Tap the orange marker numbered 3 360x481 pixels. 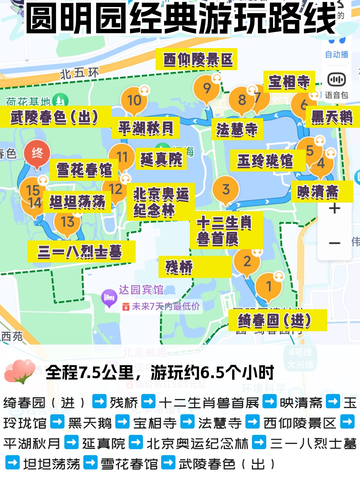coord(226,190)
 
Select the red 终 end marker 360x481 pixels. coord(37,153)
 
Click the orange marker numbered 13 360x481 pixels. coord(68,222)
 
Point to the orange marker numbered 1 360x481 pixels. coord(269,286)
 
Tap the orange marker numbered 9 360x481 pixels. coord(206,88)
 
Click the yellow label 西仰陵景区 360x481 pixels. coord(197,59)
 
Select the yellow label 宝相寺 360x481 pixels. coord(289,82)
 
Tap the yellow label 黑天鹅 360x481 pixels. coord(332,117)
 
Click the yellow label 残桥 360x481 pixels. coord(195,267)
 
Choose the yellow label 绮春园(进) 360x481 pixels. coord(277,320)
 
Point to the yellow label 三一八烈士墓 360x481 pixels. coord(81,252)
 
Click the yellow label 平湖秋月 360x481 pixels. coord(146,128)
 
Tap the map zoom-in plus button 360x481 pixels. coord(334,208)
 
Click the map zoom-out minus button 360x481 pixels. coord(334,243)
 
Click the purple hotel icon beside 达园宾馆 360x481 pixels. coord(109,297)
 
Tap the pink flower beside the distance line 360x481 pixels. coord(20,371)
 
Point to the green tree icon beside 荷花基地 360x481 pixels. coord(60,101)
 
